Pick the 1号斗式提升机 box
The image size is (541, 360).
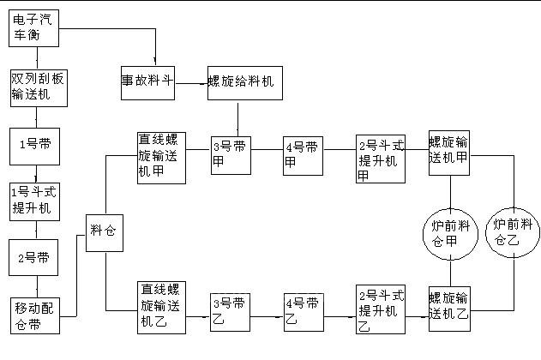pos(35,201)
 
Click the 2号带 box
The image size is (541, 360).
pos(35,257)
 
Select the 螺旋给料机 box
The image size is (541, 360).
pos(244,82)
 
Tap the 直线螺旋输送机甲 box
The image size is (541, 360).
pos(163,156)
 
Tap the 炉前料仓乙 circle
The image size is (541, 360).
pos(514,233)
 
